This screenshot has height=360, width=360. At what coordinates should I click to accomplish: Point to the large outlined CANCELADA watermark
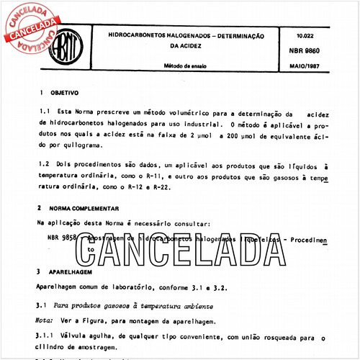(180, 248)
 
